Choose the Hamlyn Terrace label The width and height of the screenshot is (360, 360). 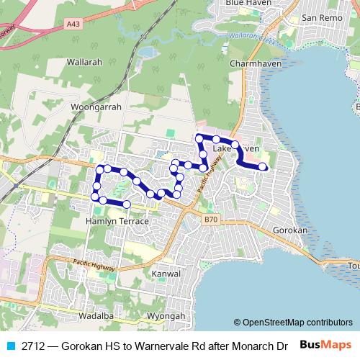pyautogui.click(x=117, y=221)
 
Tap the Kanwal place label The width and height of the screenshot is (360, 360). pyautogui.click(x=164, y=274)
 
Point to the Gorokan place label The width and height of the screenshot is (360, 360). pyautogui.click(x=291, y=230)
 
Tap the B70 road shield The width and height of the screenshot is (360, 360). pyautogui.click(x=210, y=219)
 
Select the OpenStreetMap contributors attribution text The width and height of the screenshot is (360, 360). pyautogui.click(x=293, y=323)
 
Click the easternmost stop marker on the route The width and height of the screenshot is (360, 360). pyautogui.click(x=263, y=167)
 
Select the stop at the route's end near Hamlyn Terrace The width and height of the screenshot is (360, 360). pyautogui.click(x=127, y=204)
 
